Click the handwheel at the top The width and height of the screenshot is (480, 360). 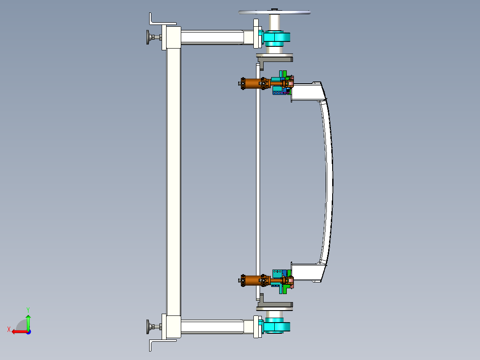[274, 12]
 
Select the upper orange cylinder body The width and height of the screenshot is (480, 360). [252, 83]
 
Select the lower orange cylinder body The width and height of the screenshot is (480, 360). [252, 280]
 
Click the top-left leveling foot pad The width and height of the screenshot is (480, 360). [147, 37]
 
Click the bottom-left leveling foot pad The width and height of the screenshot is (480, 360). [147, 327]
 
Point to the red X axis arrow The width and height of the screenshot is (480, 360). [18, 331]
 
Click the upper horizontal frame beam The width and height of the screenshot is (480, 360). [212, 37]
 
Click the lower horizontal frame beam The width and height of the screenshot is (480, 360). [212, 327]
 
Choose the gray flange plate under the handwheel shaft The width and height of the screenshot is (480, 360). [275, 57]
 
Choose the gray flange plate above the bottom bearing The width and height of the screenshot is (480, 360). [275, 306]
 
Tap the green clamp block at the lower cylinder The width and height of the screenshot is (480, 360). [284, 290]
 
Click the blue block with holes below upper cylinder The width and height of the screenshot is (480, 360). [279, 92]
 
